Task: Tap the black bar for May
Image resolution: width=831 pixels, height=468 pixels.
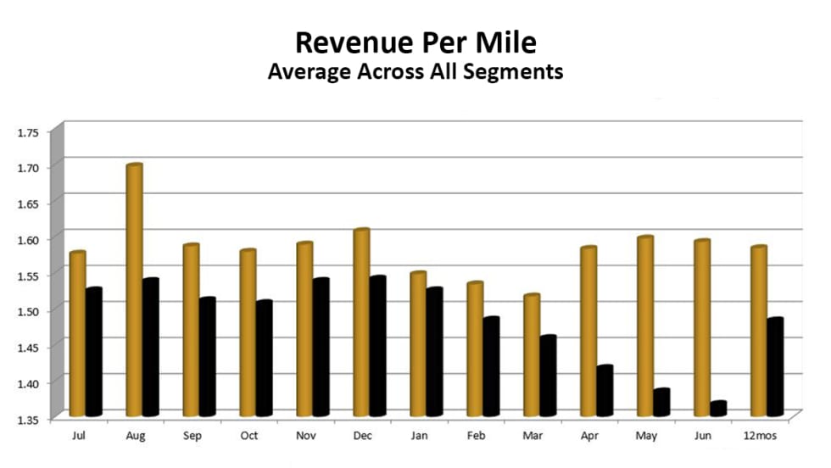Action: (x=661, y=402)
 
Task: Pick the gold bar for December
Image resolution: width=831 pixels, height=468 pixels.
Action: (x=361, y=322)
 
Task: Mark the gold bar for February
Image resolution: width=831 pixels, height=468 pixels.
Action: (x=475, y=348)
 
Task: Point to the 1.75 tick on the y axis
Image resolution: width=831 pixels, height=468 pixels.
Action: (x=28, y=132)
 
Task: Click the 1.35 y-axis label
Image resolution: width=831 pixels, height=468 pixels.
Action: (x=28, y=419)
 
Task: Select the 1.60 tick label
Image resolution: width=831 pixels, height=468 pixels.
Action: (x=28, y=240)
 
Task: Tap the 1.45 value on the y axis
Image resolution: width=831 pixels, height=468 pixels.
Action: (x=28, y=347)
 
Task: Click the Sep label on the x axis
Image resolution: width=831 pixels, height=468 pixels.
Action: (x=192, y=435)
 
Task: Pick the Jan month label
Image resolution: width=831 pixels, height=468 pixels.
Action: (x=418, y=435)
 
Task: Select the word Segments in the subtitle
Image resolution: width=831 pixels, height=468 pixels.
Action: (x=518, y=72)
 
